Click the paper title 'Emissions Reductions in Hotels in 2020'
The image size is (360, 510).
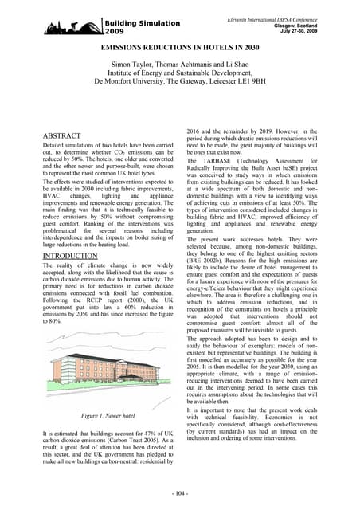179,49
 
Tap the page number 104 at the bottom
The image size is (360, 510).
179,495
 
